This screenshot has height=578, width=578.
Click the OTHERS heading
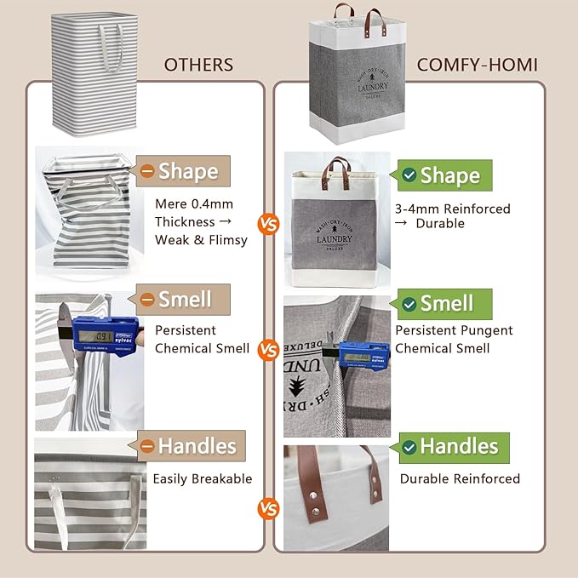[x=198, y=65]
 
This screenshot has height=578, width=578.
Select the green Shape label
[x=442, y=175]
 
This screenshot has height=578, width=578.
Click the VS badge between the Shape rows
[x=269, y=225]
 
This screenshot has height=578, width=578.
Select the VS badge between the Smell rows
[x=269, y=349]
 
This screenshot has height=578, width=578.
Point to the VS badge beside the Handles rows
[x=269, y=510]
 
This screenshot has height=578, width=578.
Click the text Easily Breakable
[x=203, y=478]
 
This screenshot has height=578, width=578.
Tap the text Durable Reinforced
[x=460, y=478]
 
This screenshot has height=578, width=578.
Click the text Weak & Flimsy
[x=201, y=239]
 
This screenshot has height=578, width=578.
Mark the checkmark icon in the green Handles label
[x=409, y=447]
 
